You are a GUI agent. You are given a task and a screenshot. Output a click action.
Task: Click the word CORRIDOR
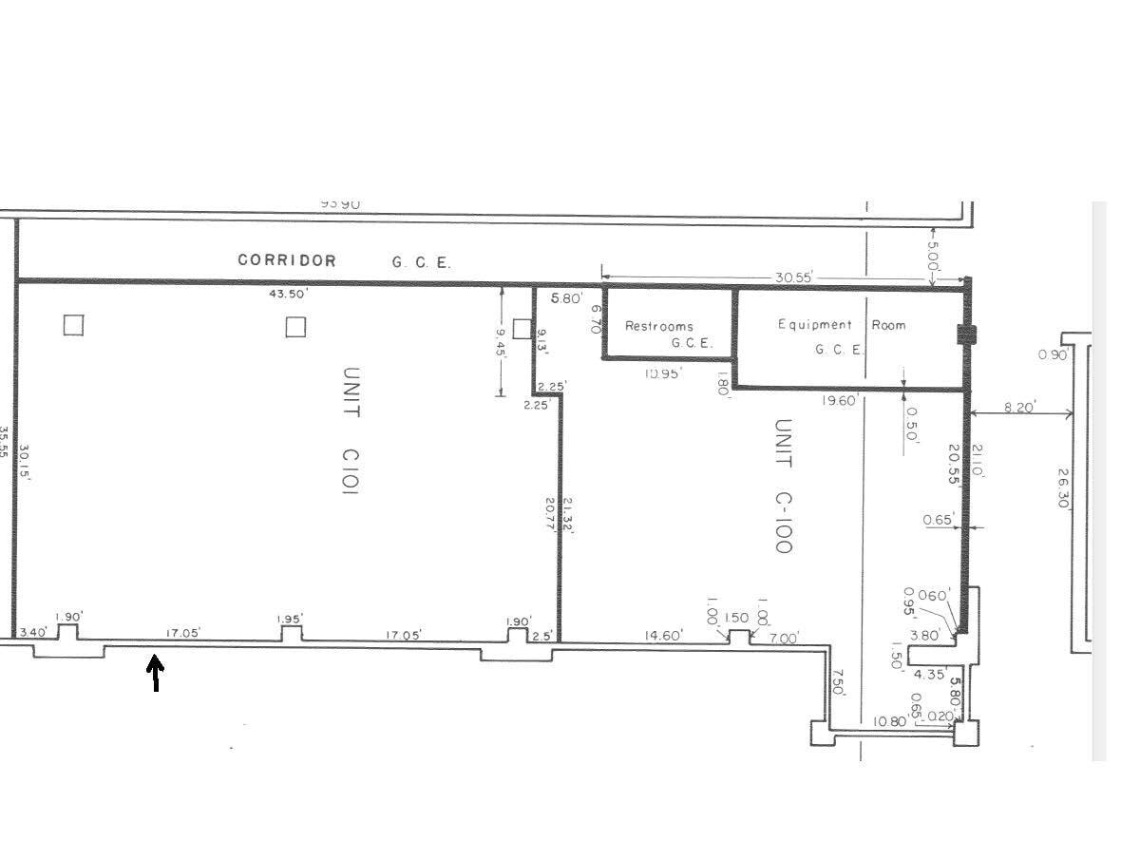286,260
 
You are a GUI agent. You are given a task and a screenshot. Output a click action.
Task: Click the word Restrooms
658,326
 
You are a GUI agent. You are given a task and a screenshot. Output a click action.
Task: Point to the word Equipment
815,325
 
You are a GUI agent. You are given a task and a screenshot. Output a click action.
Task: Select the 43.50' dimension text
289,295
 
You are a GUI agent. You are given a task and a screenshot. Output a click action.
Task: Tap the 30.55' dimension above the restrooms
793,278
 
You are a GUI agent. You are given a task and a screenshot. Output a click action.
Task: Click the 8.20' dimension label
1018,407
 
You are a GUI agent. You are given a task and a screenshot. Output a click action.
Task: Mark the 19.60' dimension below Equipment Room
841,401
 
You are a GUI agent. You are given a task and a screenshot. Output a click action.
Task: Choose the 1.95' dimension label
291,620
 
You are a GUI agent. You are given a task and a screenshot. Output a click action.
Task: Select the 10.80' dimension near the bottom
891,722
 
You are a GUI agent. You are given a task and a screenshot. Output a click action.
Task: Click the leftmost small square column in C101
73,326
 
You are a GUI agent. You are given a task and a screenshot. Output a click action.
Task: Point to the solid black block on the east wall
967,334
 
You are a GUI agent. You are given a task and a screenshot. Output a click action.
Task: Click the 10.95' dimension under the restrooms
664,373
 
